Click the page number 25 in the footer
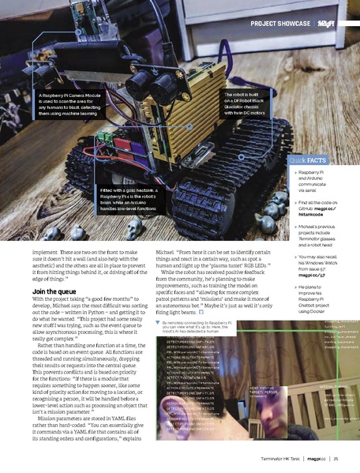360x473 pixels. click(336, 459)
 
